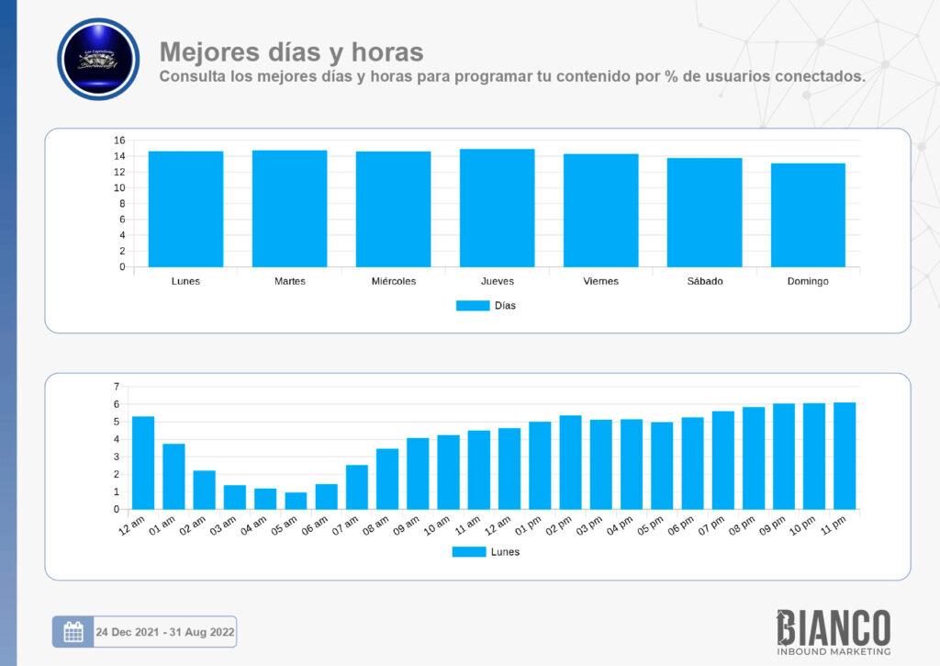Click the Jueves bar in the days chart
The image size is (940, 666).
tap(497, 209)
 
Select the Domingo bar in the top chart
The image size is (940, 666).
tap(808, 215)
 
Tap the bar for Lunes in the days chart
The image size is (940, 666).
tap(185, 209)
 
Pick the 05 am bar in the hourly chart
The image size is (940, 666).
tap(296, 501)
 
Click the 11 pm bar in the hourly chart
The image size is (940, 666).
tap(845, 456)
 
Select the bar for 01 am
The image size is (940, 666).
tap(173, 476)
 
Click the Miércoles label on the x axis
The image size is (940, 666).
tap(394, 281)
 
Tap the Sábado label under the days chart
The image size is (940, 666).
tap(704, 281)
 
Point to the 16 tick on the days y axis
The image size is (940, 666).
tap(119, 141)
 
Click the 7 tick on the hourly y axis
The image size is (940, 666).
tap(117, 387)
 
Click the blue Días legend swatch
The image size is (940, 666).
tap(473, 306)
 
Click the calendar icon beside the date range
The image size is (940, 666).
tap(73, 632)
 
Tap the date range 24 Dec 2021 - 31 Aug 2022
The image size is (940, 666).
tap(164, 632)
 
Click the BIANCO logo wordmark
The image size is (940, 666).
tap(834, 627)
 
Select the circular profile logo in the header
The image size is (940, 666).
tap(98, 59)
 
